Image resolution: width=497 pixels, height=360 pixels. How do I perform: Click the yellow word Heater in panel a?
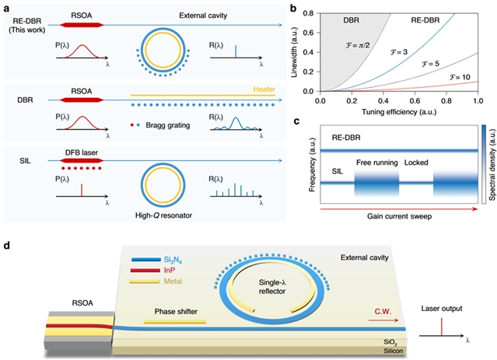click(264, 89)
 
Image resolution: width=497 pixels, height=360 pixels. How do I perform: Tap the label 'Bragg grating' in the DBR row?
click(168, 125)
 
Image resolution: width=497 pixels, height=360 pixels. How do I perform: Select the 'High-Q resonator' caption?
click(163, 215)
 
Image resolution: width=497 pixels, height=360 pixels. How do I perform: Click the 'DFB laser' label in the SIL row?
click(82, 152)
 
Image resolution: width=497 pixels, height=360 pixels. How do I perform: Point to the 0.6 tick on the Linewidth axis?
click(309, 33)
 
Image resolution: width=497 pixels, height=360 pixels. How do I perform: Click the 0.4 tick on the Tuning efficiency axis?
click(383, 101)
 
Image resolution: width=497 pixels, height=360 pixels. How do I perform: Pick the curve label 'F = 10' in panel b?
click(460, 77)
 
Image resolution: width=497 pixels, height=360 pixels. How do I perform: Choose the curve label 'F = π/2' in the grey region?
click(358, 45)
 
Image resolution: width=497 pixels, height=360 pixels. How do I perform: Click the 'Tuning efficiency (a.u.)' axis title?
click(399, 111)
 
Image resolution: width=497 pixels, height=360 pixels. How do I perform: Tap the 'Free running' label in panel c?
click(377, 163)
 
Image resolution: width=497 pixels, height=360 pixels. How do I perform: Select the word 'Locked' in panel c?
click(416, 163)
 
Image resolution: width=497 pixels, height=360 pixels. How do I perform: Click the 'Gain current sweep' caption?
click(399, 216)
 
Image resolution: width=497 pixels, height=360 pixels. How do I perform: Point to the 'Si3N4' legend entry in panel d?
click(173, 260)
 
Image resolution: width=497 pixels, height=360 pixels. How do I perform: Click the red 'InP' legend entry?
click(170, 271)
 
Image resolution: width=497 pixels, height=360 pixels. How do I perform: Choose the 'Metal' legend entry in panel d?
click(173, 281)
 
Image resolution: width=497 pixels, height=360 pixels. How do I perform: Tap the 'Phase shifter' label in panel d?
click(176, 312)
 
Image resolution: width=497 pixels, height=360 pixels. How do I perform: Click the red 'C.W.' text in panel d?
click(383, 312)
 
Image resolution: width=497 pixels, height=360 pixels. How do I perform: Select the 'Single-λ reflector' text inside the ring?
click(272, 287)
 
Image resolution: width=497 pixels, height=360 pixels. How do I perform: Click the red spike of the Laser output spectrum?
click(442, 327)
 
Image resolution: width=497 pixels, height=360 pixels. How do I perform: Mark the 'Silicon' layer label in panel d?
click(394, 351)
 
